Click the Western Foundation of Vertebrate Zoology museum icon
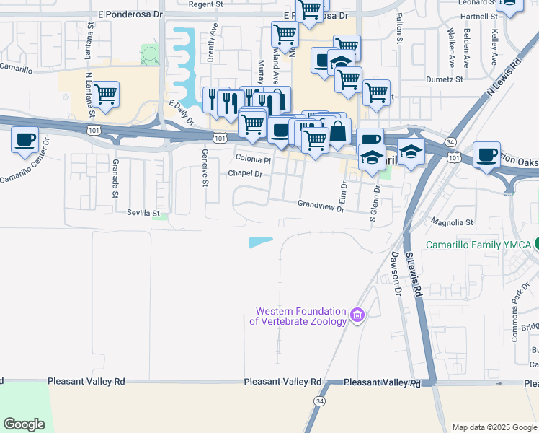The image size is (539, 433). click(357, 315)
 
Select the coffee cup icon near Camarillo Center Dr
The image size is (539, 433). click(25, 138)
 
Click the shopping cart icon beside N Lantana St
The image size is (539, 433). click(106, 93)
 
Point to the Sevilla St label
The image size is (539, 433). click(143, 213)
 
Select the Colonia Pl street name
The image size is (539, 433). click(253, 159)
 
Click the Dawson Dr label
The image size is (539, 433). click(396, 273)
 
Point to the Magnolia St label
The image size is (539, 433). click(452, 222)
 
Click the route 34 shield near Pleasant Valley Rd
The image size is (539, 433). click(319, 400)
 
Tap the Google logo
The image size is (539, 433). click(24, 424)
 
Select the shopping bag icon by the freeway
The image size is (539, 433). click(337, 132)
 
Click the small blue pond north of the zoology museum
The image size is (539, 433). click(261, 242)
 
